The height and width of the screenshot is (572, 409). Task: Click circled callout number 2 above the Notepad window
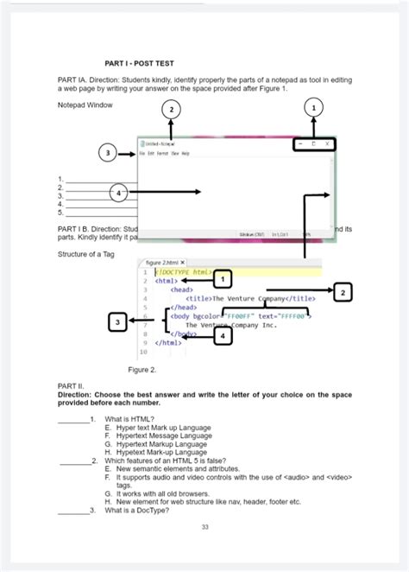(172, 109)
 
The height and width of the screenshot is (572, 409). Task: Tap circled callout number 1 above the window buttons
(312, 107)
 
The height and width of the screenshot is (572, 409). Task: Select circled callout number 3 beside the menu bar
(108, 153)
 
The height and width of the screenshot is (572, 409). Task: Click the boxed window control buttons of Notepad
(313, 143)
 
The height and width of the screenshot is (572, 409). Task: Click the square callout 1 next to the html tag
(223, 279)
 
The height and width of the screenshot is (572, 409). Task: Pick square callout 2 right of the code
(343, 292)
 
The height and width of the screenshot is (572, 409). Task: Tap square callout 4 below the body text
(223, 334)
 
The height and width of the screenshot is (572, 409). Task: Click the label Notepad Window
(85, 105)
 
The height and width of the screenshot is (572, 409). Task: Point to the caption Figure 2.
(142, 369)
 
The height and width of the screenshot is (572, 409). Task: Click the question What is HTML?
(129, 418)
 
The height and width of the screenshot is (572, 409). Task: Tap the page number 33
(204, 527)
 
